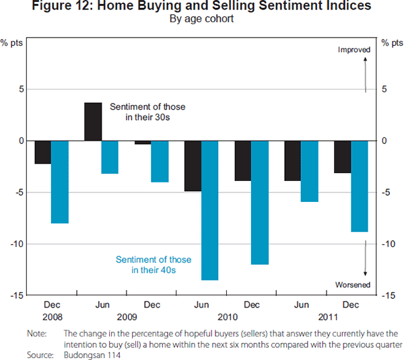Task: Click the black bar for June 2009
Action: pos(93,122)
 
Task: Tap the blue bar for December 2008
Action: pos(60,182)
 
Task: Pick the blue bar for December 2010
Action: pos(260,203)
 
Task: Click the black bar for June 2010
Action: pos(193,166)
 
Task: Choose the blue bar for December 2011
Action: pos(360,186)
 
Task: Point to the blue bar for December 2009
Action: pos(160,161)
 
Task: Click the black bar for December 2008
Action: pos(43,152)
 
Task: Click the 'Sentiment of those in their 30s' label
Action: pos(147,112)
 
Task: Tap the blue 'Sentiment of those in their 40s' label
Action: pos(154,264)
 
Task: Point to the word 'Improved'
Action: pos(354,50)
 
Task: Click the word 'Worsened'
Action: pos(353,285)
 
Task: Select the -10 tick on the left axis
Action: pos(15,244)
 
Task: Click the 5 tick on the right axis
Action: pos(385,89)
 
